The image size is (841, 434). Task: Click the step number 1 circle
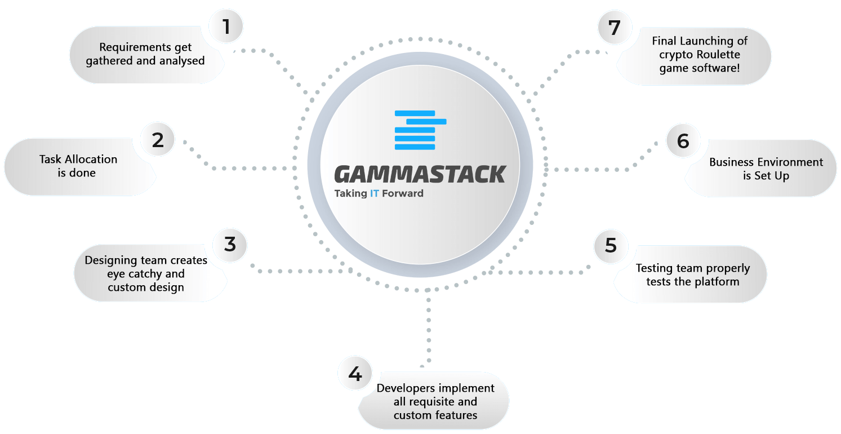pos(226,26)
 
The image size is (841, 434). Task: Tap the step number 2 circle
pos(158,140)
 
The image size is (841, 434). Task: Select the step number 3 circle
pos(230,245)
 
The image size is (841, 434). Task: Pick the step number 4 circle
pos(355,373)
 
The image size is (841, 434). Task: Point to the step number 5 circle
pos(611,246)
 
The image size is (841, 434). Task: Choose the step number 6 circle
pos(683,141)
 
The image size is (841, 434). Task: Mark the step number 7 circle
pos(615,28)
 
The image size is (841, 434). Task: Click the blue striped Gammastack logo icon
pos(420,130)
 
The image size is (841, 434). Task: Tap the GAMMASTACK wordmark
pos(420,174)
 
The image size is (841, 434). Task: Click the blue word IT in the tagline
pos(375,193)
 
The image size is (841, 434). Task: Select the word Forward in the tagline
pos(403,193)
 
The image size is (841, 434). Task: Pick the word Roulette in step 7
pos(718,55)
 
